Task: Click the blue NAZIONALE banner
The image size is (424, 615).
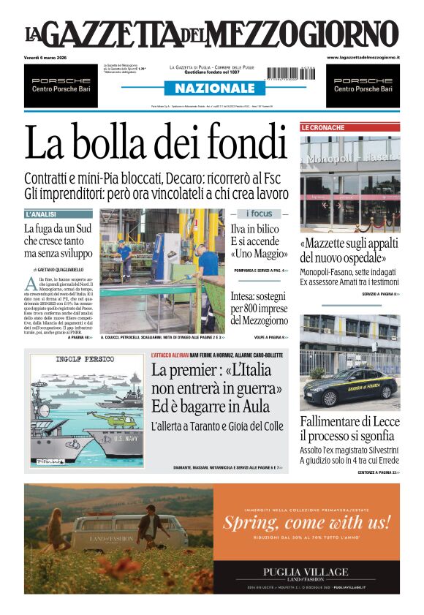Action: pyautogui.click(x=211, y=88)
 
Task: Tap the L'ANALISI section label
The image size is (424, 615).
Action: pyautogui.click(x=42, y=214)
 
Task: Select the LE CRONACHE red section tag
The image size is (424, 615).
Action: pyautogui.click(x=322, y=127)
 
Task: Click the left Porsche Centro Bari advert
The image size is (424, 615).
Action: pyautogui.click(x=61, y=85)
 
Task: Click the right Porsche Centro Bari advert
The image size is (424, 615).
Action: pyautogui.click(x=363, y=85)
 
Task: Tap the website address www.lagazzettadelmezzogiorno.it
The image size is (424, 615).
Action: pyautogui.click(x=363, y=57)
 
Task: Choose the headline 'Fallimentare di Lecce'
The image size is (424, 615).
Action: pyautogui.click(x=349, y=422)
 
